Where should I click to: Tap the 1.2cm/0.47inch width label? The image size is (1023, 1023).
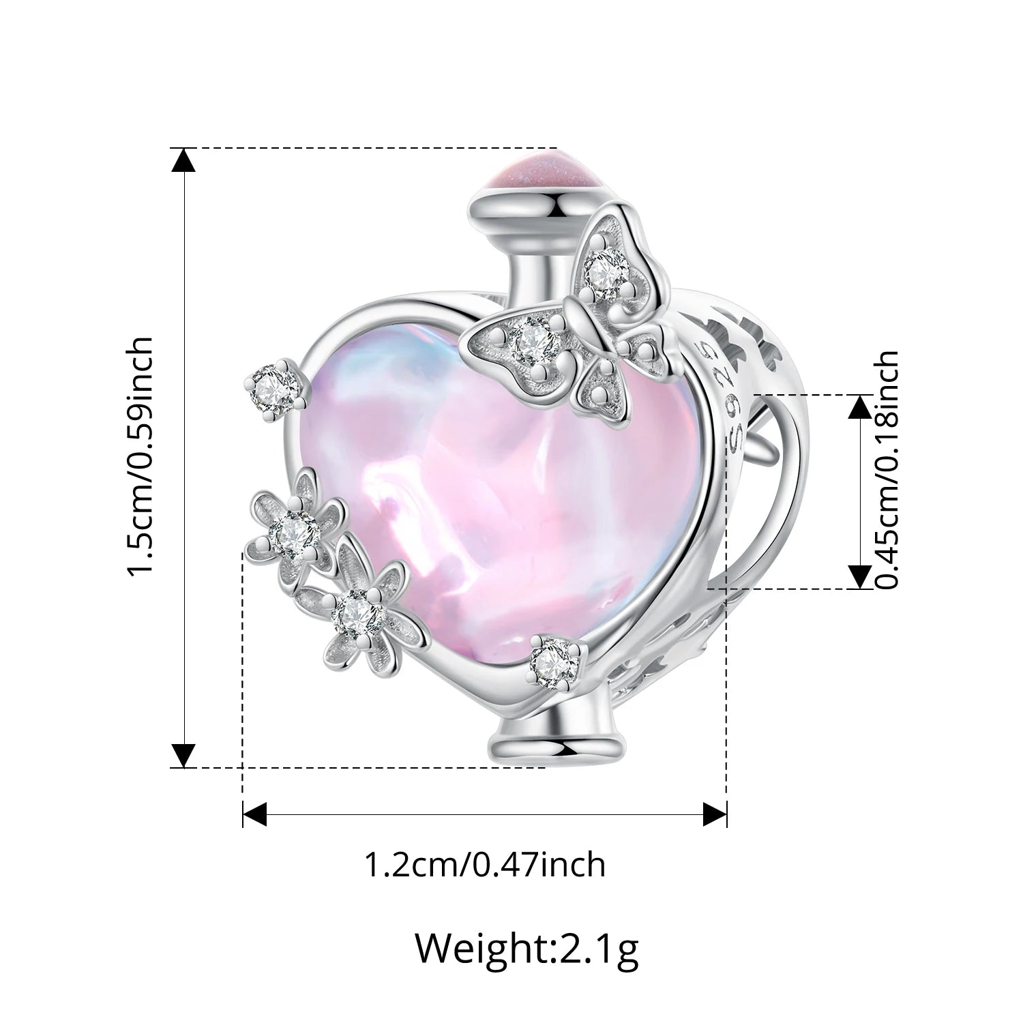pos(486,865)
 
